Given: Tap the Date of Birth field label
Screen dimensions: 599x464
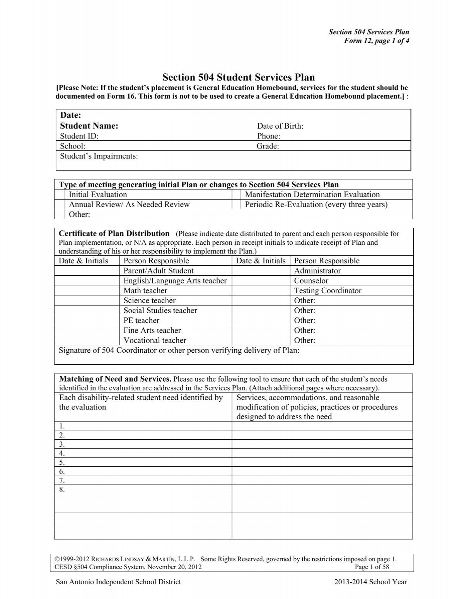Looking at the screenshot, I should point(280,126).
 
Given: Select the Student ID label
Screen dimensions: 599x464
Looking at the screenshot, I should point(79,136).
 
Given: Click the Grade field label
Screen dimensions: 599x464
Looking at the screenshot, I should point(268,146).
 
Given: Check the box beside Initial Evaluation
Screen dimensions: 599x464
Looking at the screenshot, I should point(60,195).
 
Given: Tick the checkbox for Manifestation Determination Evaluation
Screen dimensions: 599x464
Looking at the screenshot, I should point(236,195).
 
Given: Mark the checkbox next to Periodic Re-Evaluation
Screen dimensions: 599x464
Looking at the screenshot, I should point(236,205).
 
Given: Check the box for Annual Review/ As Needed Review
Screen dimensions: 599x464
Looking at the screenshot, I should point(60,205).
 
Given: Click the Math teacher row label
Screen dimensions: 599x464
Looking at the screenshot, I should point(145,291).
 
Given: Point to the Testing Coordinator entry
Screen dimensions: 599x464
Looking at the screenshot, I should point(328,291).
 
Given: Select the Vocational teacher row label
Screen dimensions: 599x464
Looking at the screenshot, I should point(155,340).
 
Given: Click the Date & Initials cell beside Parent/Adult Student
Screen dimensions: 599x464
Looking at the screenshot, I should point(87,271).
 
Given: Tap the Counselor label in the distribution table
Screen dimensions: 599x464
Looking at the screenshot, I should point(311,281).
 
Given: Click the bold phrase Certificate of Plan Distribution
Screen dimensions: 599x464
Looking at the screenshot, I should point(114,234).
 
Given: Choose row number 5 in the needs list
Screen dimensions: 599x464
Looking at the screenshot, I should point(62,462).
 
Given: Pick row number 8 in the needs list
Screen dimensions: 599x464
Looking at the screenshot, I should point(62,490).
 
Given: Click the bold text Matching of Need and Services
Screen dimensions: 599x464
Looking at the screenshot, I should point(115,379).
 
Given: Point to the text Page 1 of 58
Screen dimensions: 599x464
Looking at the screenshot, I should point(372,567).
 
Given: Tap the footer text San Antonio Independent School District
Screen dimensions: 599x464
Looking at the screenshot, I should point(118,582).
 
